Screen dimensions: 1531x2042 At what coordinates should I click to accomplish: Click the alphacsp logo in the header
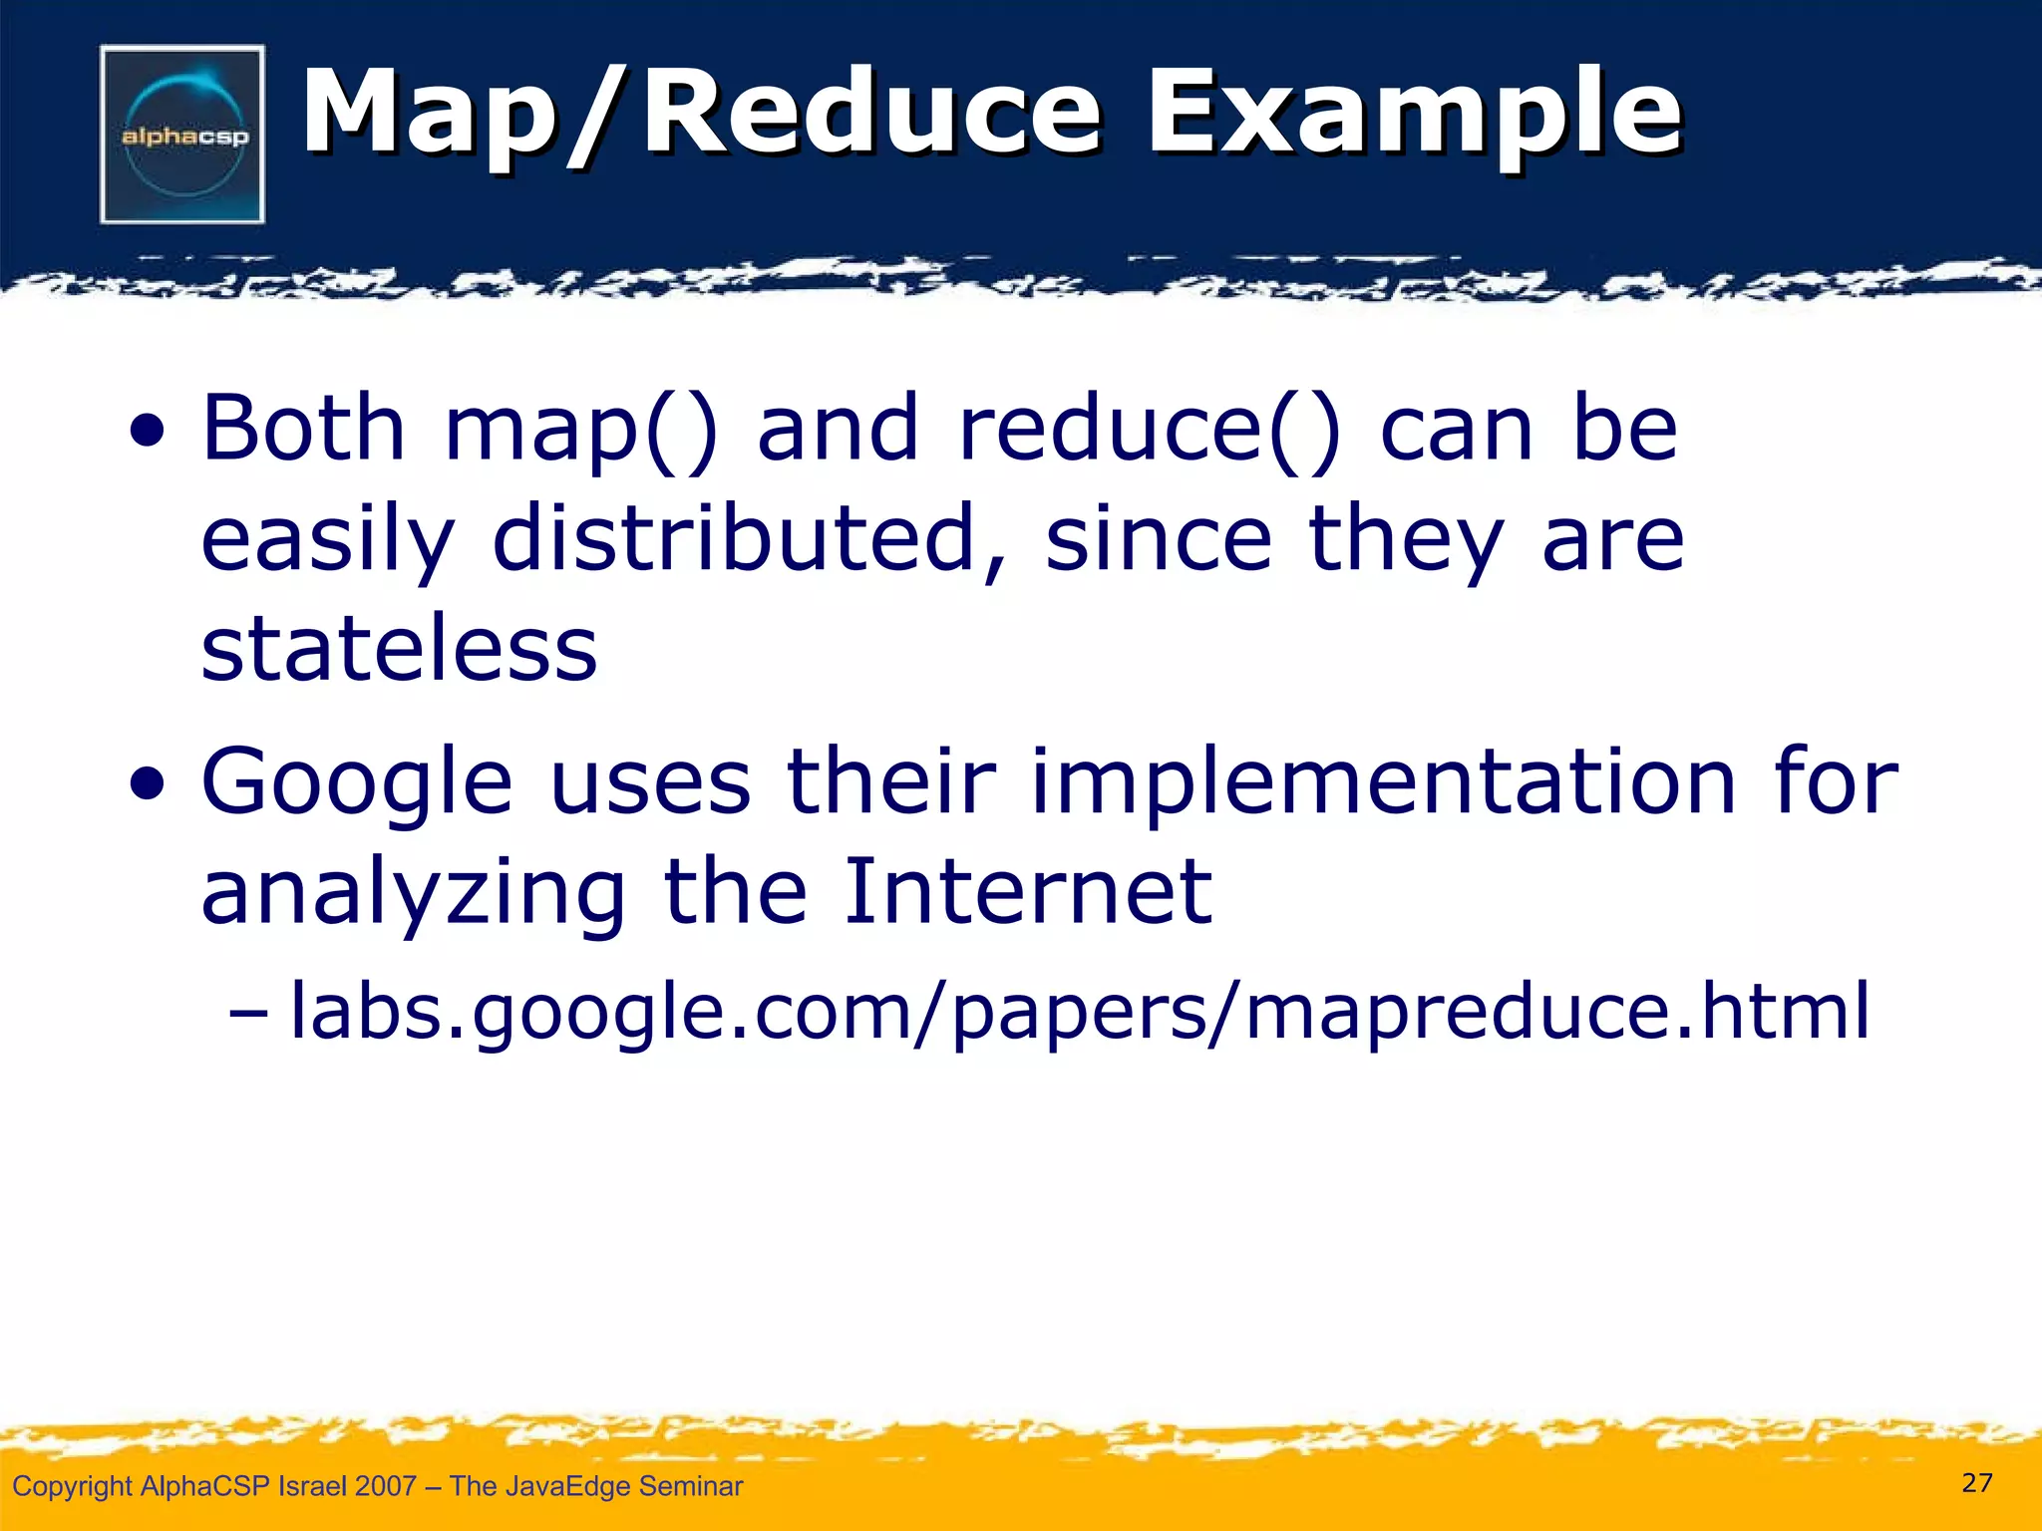coord(182,135)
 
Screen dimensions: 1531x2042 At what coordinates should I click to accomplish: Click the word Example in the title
coord(1414,112)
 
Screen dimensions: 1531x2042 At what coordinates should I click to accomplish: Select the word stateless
coord(399,649)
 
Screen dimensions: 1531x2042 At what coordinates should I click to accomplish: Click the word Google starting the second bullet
coord(357,784)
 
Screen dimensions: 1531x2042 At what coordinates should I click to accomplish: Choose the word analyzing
coord(413,894)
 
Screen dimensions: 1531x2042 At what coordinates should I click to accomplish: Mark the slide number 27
coord(1977,1483)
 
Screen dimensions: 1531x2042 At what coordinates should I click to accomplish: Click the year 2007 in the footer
coord(385,1486)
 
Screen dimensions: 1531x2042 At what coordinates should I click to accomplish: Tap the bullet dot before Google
coord(147,787)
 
